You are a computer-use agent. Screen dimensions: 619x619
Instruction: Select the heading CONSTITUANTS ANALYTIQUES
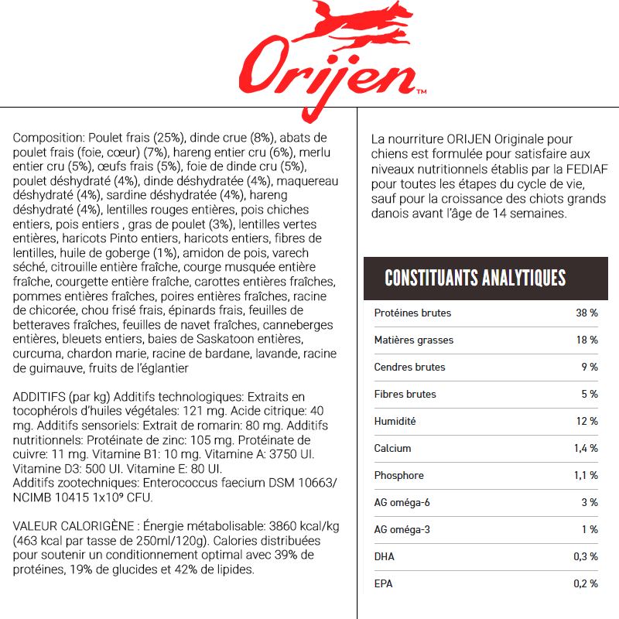pos(474,278)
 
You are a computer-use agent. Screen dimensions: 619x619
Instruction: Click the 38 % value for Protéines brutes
pos(587,313)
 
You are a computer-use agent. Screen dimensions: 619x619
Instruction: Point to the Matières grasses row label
pos(413,340)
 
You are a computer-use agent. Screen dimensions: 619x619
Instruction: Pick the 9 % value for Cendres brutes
pos(590,368)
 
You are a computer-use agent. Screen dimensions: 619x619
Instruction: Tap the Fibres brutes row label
pos(405,395)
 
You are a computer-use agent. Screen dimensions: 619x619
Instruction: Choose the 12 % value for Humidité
pos(587,422)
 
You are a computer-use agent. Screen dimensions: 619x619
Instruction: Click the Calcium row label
pos(392,449)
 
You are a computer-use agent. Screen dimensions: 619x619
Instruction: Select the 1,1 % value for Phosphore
pos(586,476)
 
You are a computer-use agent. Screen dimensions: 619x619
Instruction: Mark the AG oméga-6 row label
pos(402,503)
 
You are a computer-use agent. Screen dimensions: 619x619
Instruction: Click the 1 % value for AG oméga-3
pos(590,530)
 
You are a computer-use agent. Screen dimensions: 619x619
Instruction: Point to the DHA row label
pos(384,557)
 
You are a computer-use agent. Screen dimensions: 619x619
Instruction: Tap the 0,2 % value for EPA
pos(586,584)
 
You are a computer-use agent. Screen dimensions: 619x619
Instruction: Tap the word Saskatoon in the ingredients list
pos(232,340)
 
